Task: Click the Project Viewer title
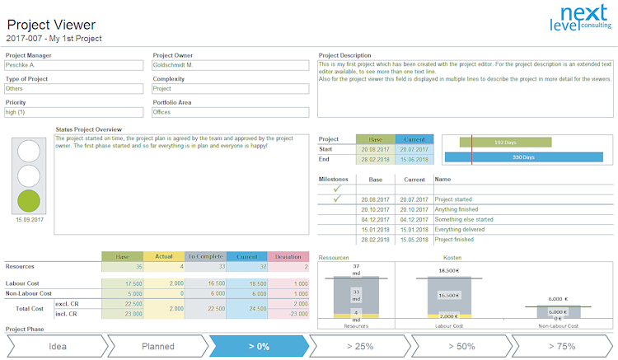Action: coord(50,25)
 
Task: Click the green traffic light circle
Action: coord(29,200)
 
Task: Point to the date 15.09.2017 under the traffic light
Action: coord(29,220)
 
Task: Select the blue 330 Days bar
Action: coord(523,157)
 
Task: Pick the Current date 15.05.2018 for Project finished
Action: coord(414,240)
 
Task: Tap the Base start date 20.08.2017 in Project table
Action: coord(376,149)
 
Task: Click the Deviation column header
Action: coord(288,256)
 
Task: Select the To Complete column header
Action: coord(205,256)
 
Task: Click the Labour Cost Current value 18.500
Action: coord(247,283)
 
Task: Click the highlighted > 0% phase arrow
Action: coord(258,346)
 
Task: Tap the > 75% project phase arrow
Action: coord(564,346)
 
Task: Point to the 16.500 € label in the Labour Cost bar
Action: coord(448,295)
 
